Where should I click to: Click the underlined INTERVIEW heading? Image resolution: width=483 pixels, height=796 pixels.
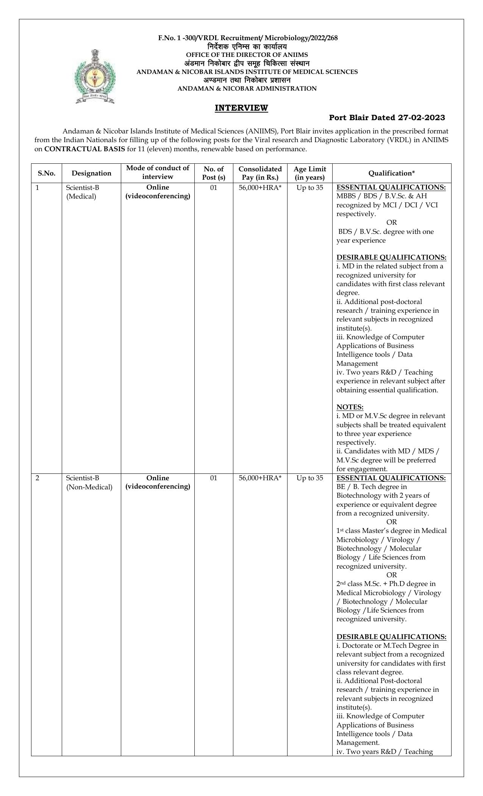(x=241, y=108)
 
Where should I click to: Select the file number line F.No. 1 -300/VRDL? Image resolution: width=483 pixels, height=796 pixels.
(x=247, y=38)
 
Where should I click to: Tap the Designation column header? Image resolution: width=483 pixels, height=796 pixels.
(x=91, y=173)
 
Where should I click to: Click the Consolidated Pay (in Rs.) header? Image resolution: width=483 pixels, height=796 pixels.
(x=260, y=173)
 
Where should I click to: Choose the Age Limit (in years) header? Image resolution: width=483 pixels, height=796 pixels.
(x=309, y=173)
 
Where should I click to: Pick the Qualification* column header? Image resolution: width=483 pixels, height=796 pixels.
(x=391, y=173)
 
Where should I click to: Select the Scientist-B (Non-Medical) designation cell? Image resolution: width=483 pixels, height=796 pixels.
(x=89, y=483)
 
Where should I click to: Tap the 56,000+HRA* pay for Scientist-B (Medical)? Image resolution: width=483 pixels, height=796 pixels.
(x=260, y=188)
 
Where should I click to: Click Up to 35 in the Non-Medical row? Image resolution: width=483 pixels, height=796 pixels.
(x=309, y=478)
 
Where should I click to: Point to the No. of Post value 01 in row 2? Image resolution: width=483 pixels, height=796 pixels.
(x=214, y=478)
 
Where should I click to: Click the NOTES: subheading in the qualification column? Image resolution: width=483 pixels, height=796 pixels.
(x=350, y=407)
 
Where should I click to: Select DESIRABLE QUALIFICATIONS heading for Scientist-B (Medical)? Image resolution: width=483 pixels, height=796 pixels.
(x=391, y=257)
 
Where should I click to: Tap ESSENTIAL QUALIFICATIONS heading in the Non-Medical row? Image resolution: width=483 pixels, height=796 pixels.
(x=391, y=478)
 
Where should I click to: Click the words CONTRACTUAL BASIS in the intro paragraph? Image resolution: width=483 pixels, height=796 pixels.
(x=84, y=149)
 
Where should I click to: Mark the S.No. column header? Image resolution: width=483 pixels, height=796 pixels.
(x=47, y=173)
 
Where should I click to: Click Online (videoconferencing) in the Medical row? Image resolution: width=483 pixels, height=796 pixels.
(x=158, y=192)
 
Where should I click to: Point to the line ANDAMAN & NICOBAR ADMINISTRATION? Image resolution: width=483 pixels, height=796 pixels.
(x=247, y=89)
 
